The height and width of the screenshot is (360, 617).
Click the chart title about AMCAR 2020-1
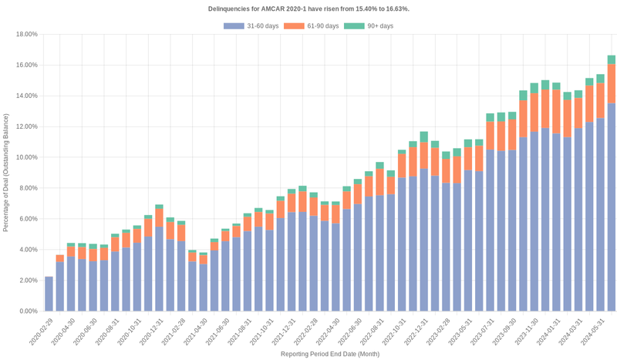tap(308, 8)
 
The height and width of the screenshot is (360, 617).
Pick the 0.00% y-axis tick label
tap(29, 311)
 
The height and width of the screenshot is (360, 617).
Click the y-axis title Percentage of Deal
tap(6, 173)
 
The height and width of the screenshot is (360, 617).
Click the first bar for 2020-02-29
tap(49, 294)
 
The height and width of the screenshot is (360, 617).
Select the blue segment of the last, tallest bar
tap(612, 208)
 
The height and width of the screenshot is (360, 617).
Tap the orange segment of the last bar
tap(612, 83)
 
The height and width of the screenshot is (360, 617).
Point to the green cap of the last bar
tap(612, 59)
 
